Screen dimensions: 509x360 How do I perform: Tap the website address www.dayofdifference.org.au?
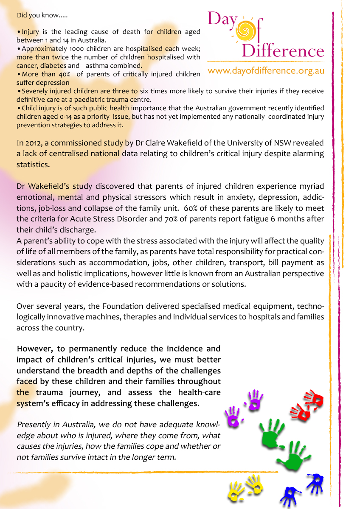click(266, 71)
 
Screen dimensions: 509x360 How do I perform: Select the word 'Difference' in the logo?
click(283, 51)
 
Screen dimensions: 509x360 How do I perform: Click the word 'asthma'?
click(98, 66)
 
